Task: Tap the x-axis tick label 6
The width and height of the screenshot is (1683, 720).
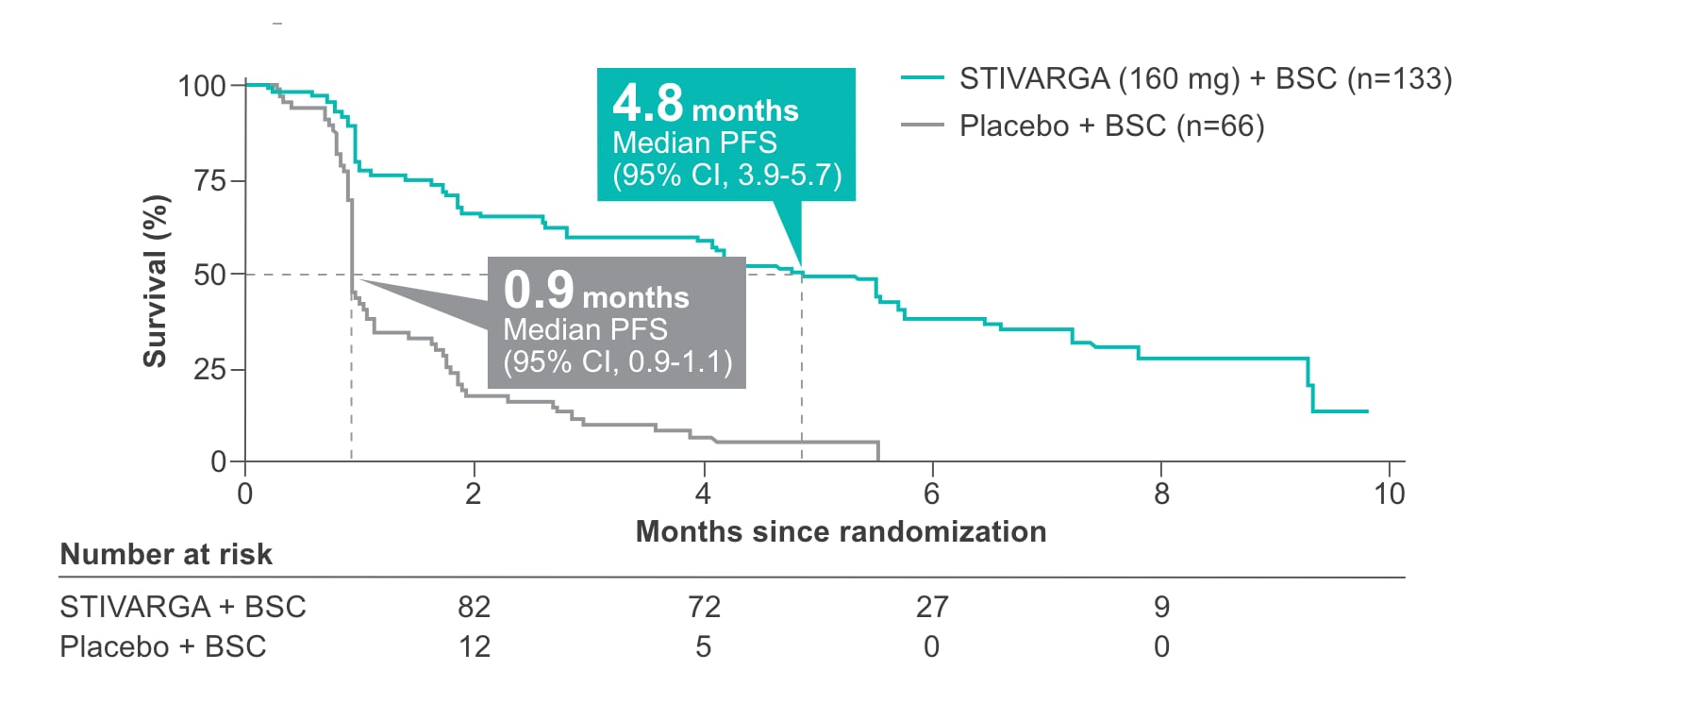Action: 931,494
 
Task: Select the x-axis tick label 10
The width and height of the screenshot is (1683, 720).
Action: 1389,494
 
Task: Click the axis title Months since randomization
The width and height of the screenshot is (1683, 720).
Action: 841,531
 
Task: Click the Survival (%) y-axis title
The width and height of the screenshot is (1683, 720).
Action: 155,281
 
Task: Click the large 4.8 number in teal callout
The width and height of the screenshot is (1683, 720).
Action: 647,103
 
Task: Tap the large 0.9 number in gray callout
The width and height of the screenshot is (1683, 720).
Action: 538,290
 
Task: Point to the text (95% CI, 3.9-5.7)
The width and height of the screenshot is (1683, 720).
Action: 726,175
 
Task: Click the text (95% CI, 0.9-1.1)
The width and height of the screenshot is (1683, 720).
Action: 617,361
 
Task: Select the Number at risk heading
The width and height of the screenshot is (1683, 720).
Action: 166,554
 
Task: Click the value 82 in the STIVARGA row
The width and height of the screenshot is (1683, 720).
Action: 474,607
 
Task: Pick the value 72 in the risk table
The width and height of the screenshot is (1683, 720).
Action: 704,607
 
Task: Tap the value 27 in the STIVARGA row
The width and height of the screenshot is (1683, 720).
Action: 932,607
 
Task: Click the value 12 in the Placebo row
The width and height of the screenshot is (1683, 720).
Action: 474,646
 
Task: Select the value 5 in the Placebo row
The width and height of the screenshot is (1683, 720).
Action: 703,646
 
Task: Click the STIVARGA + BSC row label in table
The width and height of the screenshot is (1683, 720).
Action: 183,607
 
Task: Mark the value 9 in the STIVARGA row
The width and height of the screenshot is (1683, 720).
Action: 1161,607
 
